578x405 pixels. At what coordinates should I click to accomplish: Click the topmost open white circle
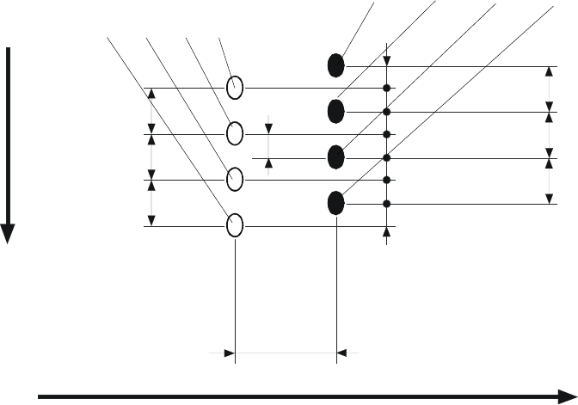[235, 88]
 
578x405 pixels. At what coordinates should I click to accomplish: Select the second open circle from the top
[235, 134]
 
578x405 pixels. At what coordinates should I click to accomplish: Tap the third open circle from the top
[235, 180]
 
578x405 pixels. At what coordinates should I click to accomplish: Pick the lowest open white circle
[235, 225]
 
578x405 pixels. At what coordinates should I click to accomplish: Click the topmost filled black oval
[336, 64]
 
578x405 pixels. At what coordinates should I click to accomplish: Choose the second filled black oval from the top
[336, 111]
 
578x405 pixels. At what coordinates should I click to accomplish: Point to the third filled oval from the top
[336, 157]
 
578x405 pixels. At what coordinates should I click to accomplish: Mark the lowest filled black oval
[336, 203]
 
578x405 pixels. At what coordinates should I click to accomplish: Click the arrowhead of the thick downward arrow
[9, 234]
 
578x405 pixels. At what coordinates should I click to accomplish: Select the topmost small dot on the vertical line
[387, 88]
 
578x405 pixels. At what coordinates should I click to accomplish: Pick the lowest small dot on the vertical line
[387, 203]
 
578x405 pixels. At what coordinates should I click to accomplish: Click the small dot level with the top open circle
[387, 88]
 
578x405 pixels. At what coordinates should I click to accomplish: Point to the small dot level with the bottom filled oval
[387, 203]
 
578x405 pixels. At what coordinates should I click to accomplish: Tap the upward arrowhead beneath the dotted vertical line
[387, 231]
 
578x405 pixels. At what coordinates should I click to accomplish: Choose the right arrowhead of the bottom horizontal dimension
[341, 352]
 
